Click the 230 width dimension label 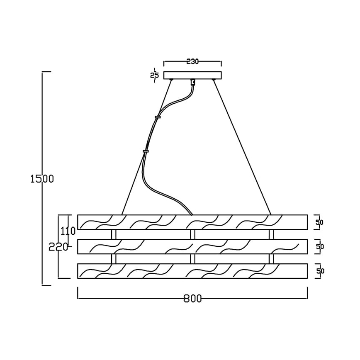coord(192,61)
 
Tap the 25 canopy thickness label coord(155,75)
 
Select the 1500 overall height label coord(42,179)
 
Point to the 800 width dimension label coord(192,299)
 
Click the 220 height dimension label coord(58,247)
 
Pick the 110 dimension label coord(68,231)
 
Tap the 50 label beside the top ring coord(320,222)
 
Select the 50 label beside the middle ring coord(320,247)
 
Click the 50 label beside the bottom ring coord(320,271)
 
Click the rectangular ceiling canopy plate coord(192,75)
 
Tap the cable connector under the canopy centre coord(192,83)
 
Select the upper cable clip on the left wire coord(158,117)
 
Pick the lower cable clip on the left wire coord(146,151)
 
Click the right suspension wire coord(243,147)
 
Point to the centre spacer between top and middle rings coord(192,234)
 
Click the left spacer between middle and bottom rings coord(114,259)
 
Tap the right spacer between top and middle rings coord(271,234)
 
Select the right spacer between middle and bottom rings coord(271,259)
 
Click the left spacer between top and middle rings coord(114,234)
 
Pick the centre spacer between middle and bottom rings coord(192,259)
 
